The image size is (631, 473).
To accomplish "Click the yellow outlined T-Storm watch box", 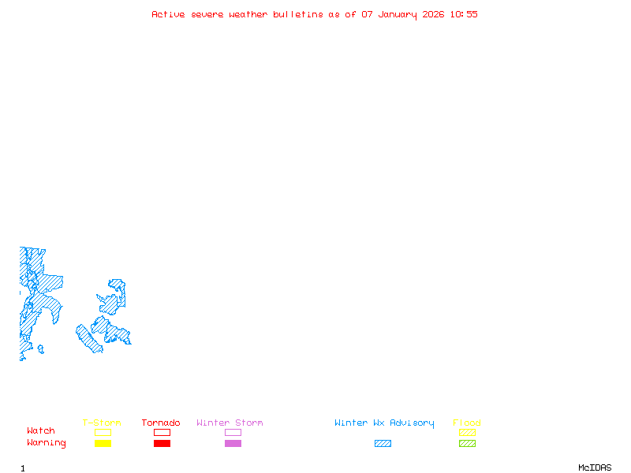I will tap(103, 432).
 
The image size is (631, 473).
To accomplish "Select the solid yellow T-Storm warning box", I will tap(103, 443).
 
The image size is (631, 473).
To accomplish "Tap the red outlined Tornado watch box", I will tap(162, 432).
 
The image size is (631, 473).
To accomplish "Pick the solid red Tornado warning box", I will tap(162, 443).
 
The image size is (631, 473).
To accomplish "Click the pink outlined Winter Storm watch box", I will tap(233, 432).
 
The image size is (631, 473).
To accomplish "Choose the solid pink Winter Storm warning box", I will tap(233, 443).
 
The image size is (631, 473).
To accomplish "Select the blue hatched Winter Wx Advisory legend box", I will tap(383, 443).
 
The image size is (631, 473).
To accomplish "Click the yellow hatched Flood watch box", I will tap(467, 432).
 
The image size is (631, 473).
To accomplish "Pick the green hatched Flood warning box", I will tap(467, 443).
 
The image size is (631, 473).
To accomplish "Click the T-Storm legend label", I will tap(102, 423).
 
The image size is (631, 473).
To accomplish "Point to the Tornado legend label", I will tap(161, 423).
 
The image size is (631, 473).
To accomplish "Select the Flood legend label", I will tap(467, 423).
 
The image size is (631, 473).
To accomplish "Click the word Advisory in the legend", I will tap(412, 423).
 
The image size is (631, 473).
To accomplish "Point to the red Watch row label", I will tap(41, 431).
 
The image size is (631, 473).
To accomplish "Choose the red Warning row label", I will tap(47, 443).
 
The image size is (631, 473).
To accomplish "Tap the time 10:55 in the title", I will tap(464, 14).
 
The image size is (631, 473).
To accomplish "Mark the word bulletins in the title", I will tap(298, 14).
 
